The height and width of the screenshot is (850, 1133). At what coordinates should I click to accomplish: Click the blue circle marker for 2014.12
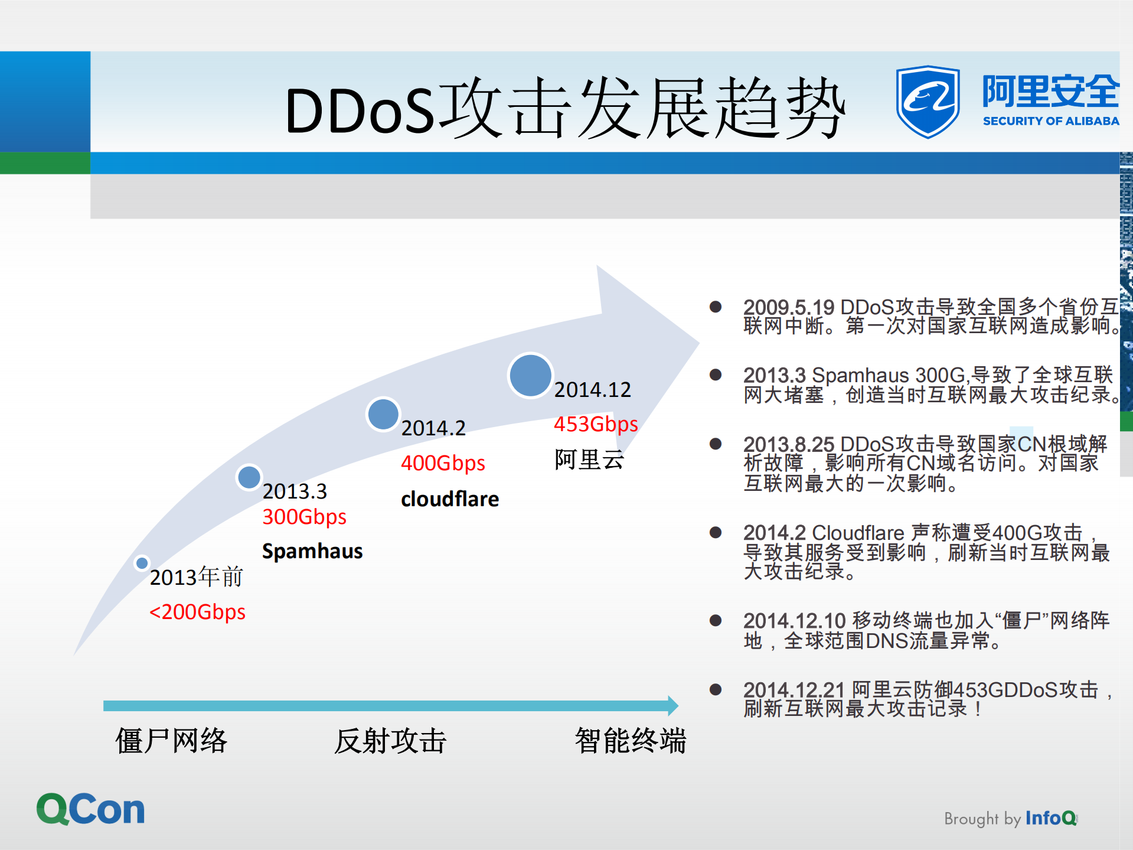point(530,376)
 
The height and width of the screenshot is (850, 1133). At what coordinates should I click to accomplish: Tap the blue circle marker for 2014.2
point(383,414)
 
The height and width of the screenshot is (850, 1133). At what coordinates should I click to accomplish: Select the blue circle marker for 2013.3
point(249,477)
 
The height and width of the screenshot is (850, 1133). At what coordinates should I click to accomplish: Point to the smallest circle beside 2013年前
point(142,563)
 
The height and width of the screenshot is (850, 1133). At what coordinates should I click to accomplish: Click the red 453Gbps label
point(596,424)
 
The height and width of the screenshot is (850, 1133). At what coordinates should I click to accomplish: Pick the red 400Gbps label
point(443,463)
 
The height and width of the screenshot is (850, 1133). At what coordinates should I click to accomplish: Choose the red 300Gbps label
point(304,517)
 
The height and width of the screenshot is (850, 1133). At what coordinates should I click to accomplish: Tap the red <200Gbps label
point(197,612)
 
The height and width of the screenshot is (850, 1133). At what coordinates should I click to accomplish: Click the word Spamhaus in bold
point(312,551)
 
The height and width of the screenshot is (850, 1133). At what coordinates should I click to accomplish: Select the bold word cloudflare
point(450,499)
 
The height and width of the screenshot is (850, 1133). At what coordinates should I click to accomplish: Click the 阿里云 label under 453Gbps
point(589,460)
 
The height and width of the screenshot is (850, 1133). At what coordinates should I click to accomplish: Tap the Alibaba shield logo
point(927,102)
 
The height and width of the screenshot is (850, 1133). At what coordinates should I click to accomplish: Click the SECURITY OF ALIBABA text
point(1050,121)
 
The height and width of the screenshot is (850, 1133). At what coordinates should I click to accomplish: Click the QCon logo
point(90,809)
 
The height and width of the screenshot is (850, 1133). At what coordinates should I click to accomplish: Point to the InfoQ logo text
point(1051,818)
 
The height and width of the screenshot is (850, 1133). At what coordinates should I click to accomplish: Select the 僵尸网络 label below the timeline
point(171,741)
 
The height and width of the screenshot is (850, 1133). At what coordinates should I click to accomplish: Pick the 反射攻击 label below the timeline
point(390,741)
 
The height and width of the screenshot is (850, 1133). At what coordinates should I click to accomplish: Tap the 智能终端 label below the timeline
point(631,741)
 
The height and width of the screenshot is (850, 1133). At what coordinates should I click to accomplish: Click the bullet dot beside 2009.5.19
point(716,307)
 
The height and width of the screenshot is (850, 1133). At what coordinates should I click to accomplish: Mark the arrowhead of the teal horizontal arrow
point(673,705)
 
